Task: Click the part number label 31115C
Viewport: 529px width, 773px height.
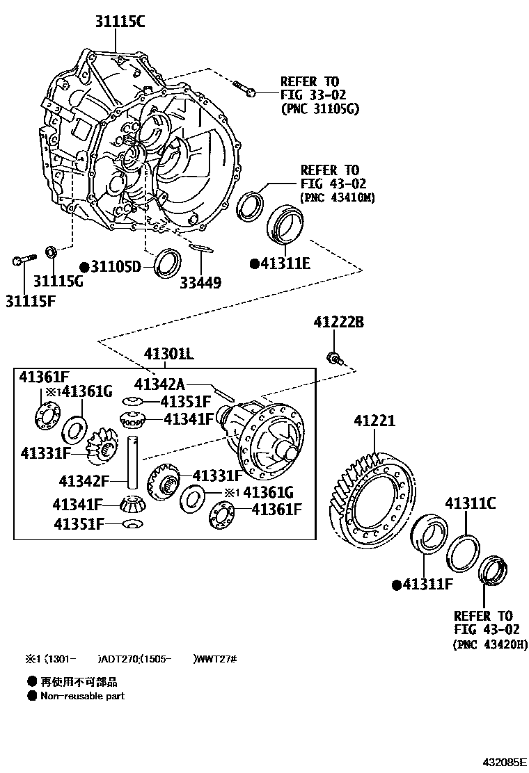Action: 120,22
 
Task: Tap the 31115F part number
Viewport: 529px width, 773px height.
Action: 31,300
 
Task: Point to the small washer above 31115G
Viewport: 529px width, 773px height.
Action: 51,250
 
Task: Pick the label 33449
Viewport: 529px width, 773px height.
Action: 200,282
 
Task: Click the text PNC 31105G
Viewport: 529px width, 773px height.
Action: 320,108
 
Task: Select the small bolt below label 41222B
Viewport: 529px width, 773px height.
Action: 333,358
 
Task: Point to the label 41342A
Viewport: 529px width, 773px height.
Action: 159,384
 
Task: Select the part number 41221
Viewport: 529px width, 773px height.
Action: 374,421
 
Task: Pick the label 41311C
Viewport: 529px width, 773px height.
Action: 470,503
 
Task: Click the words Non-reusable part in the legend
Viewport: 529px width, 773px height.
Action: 82,695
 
